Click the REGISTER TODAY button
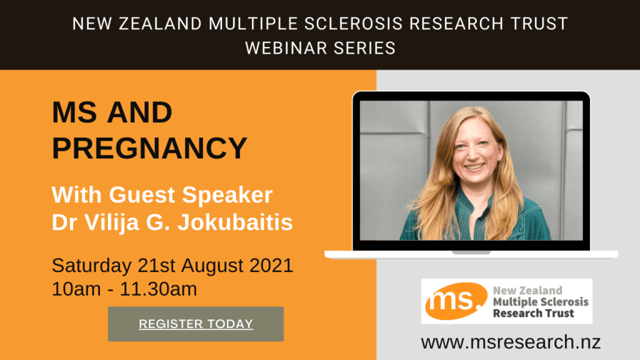click(196, 324)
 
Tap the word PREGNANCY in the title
click(150, 147)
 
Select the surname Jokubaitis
click(235, 222)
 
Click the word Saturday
click(92, 266)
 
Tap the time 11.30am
click(158, 289)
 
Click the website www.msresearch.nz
click(511, 342)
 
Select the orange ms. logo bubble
click(456, 301)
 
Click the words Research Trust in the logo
click(534, 314)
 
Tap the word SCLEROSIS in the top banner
click(354, 24)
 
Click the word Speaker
click(227, 196)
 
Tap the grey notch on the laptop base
click(471, 252)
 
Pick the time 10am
click(76, 289)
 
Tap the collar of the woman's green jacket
click(476, 204)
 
